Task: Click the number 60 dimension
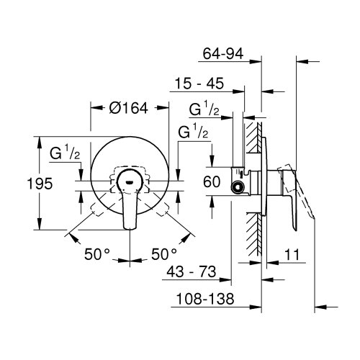pyautogui.click(x=211, y=183)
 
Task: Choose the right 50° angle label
pyautogui.click(x=163, y=253)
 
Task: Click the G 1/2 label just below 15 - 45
pyautogui.click(x=204, y=109)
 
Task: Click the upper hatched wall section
pyautogui.click(x=253, y=137)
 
